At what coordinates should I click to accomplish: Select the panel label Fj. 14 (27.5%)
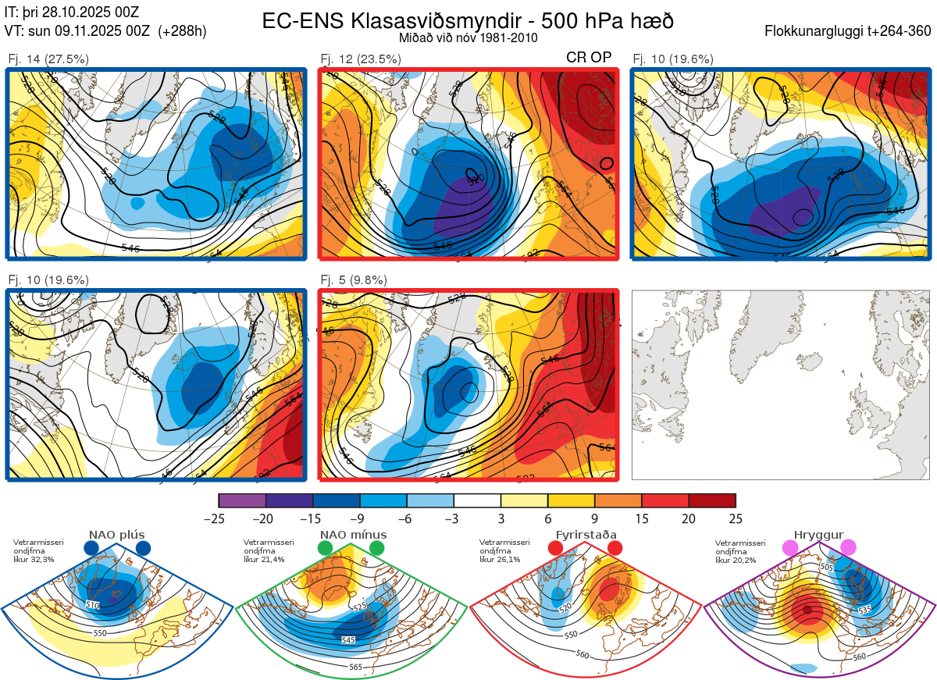pyautogui.click(x=48, y=59)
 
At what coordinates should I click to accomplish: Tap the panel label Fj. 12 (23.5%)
pyautogui.click(x=361, y=59)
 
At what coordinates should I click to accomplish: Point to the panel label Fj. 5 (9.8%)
pyautogui.click(x=354, y=280)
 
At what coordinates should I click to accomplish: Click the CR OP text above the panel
pyautogui.click(x=589, y=57)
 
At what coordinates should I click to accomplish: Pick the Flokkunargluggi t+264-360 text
pyautogui.click(x=850, y=31)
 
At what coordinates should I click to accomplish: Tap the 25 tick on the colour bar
pyautogui.click(x=735, y=518)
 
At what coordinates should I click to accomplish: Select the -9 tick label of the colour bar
pyautogui.click(x=359, y=518)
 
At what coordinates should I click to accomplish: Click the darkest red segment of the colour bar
pyautogui.click(x=712, y=500)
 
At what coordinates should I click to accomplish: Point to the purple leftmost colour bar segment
pyautogui.click(x=242, y=500)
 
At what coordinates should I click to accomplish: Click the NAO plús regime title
pyautogui.click(x=116, y=535)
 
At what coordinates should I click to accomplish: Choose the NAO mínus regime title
pyautogui.click(x=353, y=535)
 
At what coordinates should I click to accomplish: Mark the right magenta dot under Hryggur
pyautogui.click(x=848, y=548)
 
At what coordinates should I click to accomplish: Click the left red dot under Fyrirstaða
pyautogui.click(x=555, y=549)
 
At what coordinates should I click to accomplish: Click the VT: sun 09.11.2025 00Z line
pyautogui.click(x=105, y=31)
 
